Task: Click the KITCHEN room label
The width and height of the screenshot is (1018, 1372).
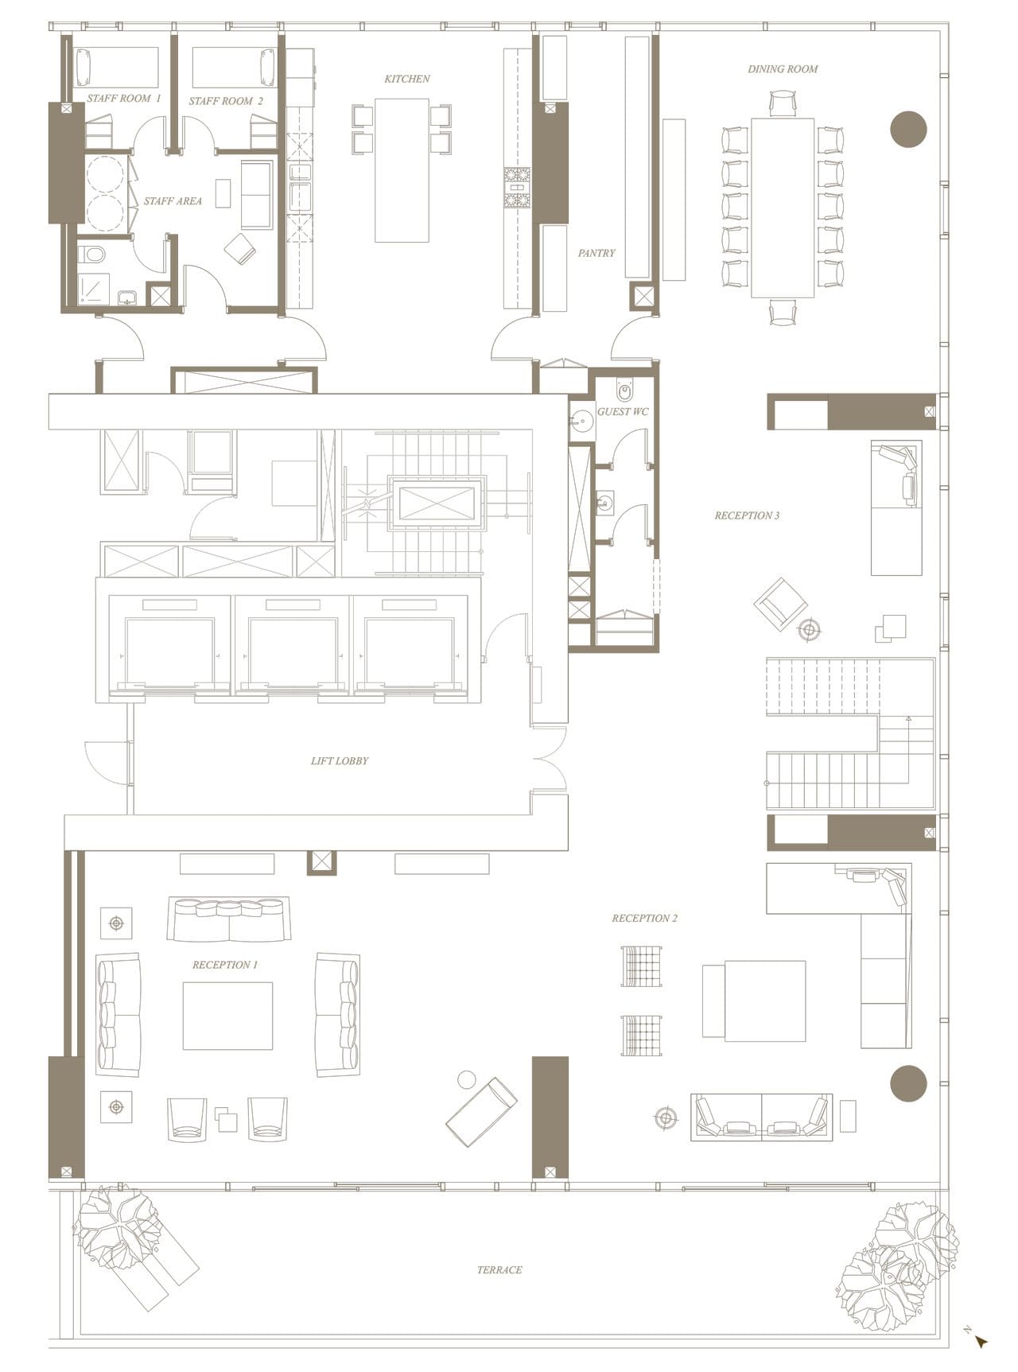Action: tap(406, 79)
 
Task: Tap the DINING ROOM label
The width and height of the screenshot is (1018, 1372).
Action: tap(783, 69)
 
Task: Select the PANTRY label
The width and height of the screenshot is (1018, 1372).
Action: tap(596, 253)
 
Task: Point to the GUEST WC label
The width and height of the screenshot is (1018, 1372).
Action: tap(623, 411)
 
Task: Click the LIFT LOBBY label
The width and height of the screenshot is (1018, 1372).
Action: tap(340, 760)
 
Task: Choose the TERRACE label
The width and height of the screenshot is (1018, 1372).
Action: tap(499, 1269)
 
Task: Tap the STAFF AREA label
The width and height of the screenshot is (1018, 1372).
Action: tap(173, 201)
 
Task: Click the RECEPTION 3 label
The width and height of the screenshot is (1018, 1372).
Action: tap(747, 515)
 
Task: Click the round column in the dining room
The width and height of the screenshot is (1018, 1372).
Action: tap(908, 129)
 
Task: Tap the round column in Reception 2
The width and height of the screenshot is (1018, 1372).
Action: tap(908, 1083)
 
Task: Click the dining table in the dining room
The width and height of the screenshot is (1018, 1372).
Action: tap(783, 207)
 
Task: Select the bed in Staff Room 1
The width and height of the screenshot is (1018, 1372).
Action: tap(116, 67)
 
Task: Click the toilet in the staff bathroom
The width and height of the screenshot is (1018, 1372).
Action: tap(92, 255)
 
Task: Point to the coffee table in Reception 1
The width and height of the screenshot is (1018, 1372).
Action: tap(227, 1016)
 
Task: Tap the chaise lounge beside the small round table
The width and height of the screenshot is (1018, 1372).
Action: tap(481, 1111)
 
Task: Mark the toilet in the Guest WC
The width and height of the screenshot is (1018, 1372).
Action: tap(624, 391)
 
